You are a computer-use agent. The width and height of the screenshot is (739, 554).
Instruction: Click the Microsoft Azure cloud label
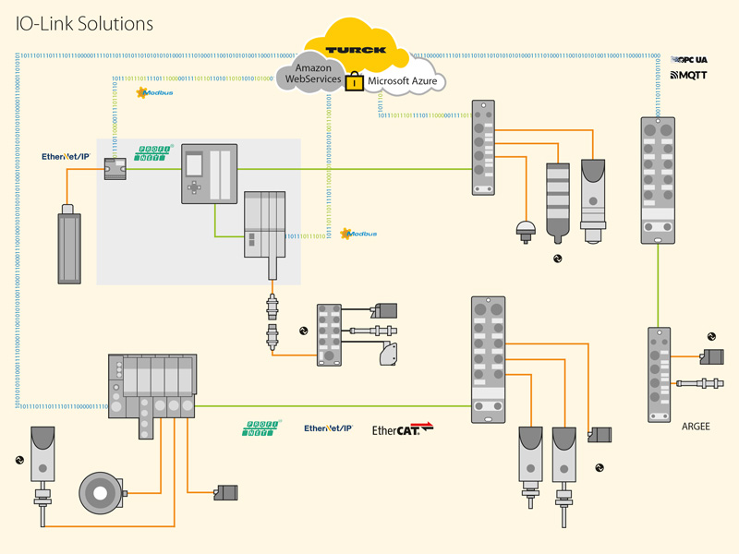click(402, 82)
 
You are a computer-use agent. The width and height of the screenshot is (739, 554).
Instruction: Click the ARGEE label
click(696, 428)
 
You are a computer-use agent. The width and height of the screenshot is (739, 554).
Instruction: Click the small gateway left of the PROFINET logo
click(115, 168)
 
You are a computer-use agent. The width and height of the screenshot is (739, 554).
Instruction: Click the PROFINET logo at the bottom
click(262, 429)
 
